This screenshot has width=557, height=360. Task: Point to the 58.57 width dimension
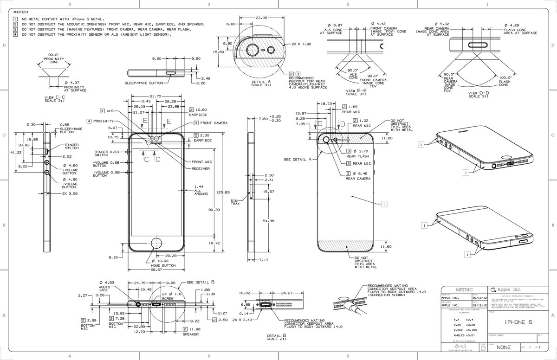coord(156,268)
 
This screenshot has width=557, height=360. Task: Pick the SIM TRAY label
coord(234,202)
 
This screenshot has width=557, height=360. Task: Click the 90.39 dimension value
coord(214,210)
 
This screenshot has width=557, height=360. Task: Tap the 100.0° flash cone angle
coord(505,77)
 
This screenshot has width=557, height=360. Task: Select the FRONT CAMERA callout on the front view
coord(214,123)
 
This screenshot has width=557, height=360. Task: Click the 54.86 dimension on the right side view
coord(268,221)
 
